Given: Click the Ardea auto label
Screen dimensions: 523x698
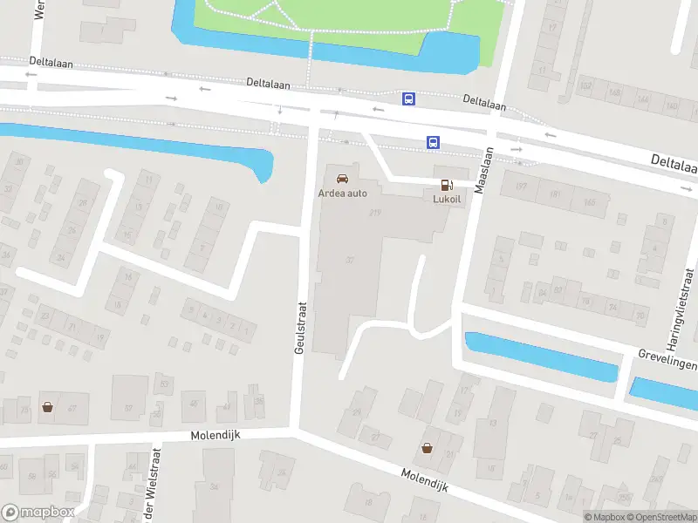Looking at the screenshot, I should point(343,193).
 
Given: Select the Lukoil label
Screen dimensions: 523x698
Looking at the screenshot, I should point(447,198).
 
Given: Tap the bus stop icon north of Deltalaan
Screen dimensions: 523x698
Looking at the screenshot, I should point(408,98).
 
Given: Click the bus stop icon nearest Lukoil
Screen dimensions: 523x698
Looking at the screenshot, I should point(432,142).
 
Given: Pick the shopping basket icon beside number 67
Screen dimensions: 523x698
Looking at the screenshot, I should point(46,406).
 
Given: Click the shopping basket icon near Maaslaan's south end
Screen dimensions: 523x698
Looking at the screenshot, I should point(427,448).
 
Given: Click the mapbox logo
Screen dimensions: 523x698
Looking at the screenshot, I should point(37,513).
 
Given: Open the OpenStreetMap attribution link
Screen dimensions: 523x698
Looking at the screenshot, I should point(662,517).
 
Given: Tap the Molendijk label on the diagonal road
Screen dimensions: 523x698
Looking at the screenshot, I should point(424,480).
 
